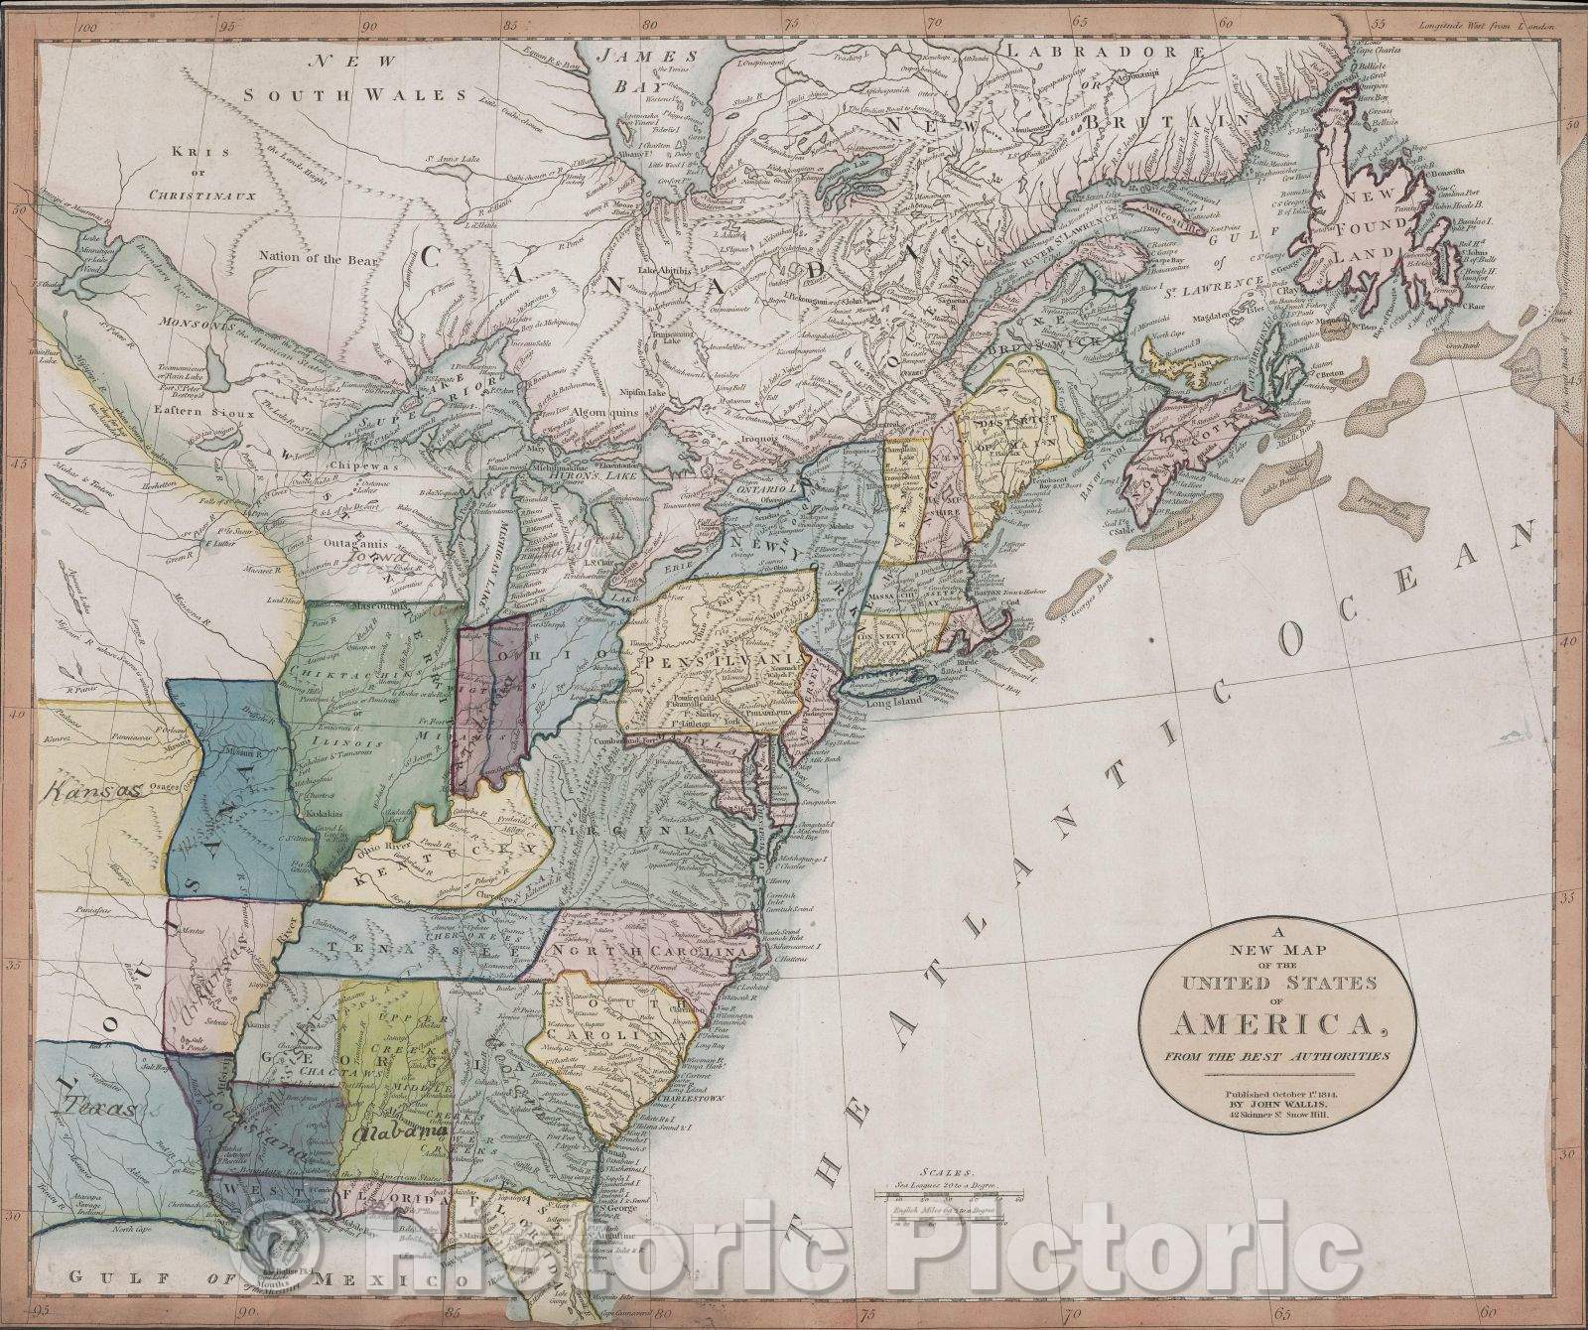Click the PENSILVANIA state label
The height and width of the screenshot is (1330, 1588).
click(723, 660)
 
